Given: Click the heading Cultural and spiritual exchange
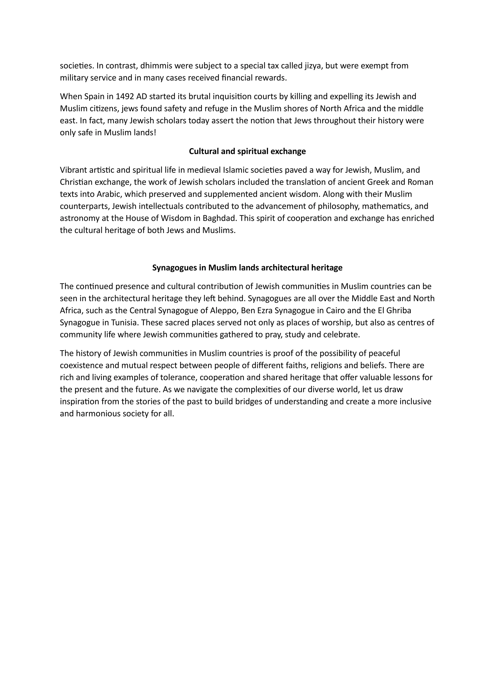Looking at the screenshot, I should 247,151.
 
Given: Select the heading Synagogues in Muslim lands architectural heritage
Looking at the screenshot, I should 247,268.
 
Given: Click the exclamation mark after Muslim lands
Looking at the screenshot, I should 155,133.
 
